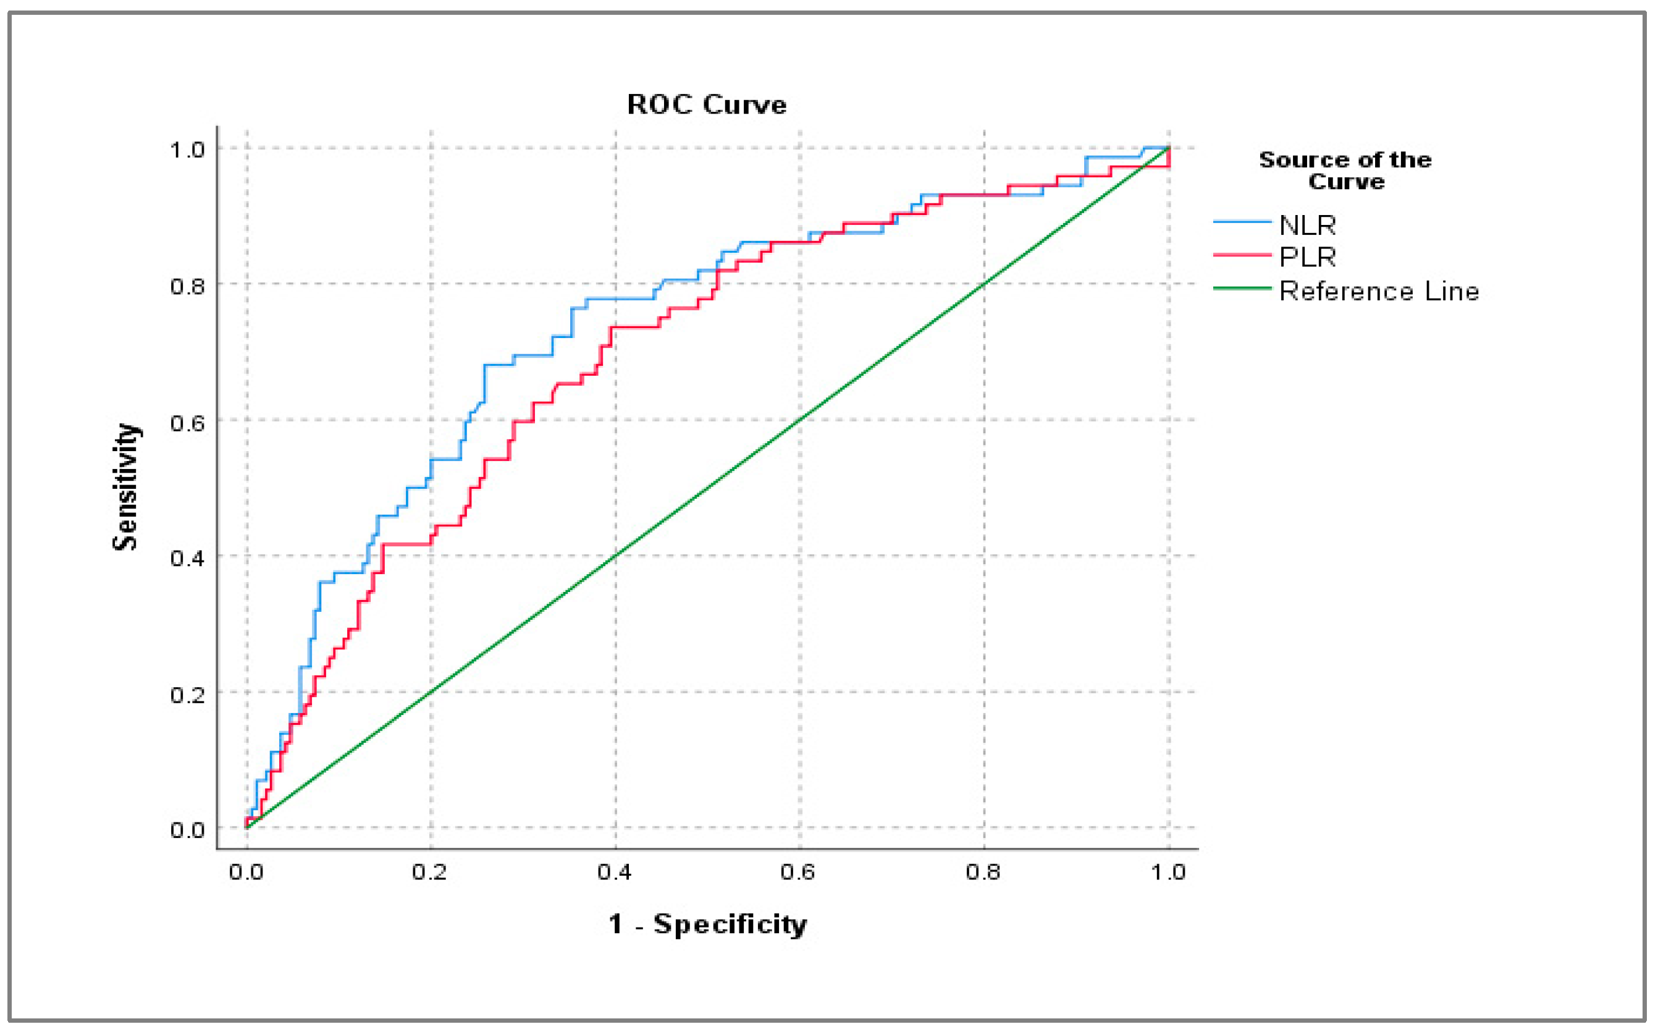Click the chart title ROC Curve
coord(706,104)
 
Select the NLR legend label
coord(1307,224)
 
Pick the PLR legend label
coord(1307,257)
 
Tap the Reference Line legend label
coord(1378,292)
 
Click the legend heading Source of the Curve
coord(1345,170)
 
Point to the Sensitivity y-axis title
coord(125,487)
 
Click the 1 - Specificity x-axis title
coord(707,924)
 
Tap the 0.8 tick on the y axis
coord(187,286)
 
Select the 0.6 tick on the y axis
coord(187,423)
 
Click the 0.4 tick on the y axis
coord(187,558)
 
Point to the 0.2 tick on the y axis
coord(187,695)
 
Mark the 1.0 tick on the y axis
coord(187,150)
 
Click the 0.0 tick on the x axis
coord(246,871)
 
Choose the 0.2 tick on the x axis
coord(429,871)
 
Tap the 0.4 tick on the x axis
coord(614,871)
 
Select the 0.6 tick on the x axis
coord(797,871)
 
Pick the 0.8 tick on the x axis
coord(983,871)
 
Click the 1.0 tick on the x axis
coord(1168,871)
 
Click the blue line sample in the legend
coord(1241,222)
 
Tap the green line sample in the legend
coord(1241,289)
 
